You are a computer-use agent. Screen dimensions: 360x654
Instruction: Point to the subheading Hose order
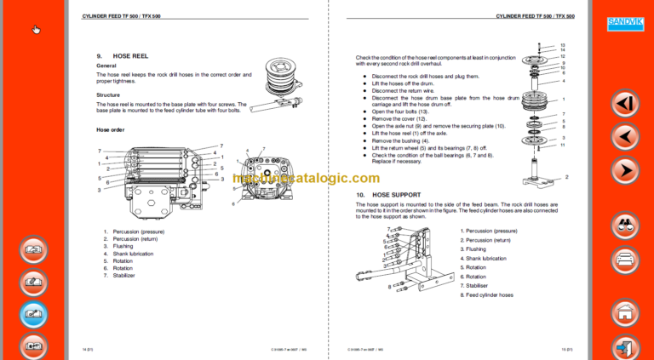(x=111, y=129)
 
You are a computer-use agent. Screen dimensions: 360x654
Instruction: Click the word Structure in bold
(x=108, y=95)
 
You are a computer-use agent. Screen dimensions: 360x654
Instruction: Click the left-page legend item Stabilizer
(x=123, y=276)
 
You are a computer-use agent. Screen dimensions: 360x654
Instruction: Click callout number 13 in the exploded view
(x=563, y=45)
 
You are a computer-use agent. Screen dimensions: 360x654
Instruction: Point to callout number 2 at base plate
(x=566, y=176)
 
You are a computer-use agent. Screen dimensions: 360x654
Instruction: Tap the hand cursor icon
(x=37, y=30)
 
